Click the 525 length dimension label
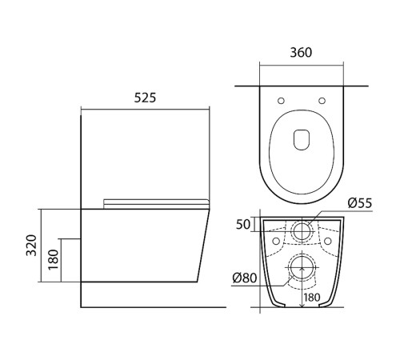145,98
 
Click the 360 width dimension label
301,53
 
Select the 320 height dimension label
31,246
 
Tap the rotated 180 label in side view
54,259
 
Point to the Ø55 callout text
360,203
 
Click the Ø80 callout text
245,278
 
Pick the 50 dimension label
243,224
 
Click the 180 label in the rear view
311,297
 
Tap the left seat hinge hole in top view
281,101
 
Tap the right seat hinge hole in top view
322,101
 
